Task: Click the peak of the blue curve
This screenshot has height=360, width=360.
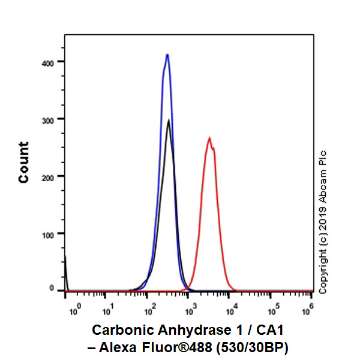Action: [x=167, y=55]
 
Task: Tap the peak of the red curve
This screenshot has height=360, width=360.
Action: [x=209, y=138]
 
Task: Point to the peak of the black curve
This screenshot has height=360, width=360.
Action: [x=169, y=121]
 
